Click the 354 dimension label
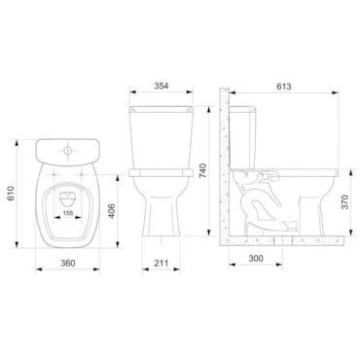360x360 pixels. pyautogui.click(x=162, y=86)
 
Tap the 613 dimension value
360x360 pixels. pyautogui.click(x=284, y=87)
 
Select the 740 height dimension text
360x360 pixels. pyautogui.click(x=202, y=170)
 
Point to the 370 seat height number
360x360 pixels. pyautogui.click(x=344, y=202)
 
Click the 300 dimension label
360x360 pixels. pyautogui.click(x=256, y=259)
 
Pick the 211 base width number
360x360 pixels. pyautogui.click(x=161, y=263)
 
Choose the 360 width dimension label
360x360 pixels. pyautogui.click(x=68, y=263)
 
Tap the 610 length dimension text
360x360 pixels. pyautogui.click(x=12, y=194)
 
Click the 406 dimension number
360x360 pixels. pyautogui.click(x=112, y=211)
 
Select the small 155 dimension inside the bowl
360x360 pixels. pyautogui.click(x=68, y=213)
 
